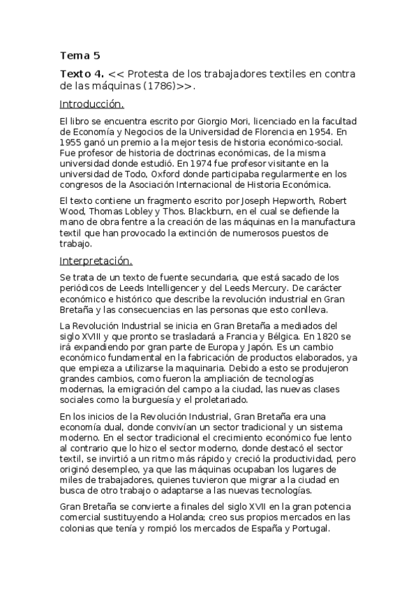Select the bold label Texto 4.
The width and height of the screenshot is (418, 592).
pyautogui.click(x=82, y=73)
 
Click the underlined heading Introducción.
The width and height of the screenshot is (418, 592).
pyautogui.click(x=91, y=105)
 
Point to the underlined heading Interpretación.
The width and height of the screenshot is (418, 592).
pyautogui.click(x=96, y=261)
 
